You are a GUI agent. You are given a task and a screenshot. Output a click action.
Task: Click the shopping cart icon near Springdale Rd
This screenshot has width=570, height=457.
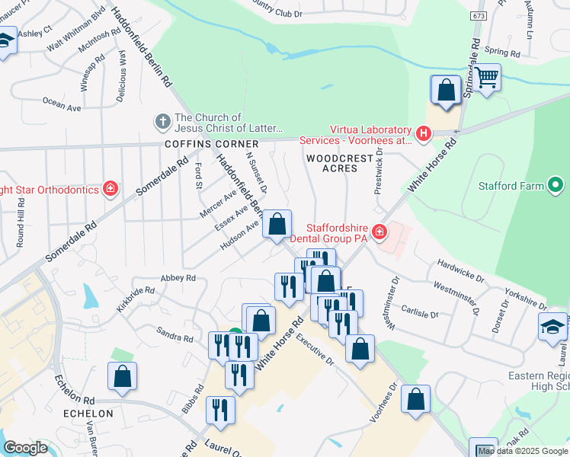pyautogui.click(x=487, y=77)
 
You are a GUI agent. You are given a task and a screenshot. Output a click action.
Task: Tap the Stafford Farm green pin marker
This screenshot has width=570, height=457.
pyautogui.click(x=556, y=185)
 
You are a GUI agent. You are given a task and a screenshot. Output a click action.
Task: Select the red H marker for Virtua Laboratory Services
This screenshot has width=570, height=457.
pyautogui.click(x=424, y=135)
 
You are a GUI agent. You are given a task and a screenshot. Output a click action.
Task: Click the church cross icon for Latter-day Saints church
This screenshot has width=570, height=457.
pyautogui.click(x=162, y=121)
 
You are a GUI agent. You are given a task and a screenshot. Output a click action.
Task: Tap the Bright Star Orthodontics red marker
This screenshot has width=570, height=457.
pyautogui.click(x=110, y=188)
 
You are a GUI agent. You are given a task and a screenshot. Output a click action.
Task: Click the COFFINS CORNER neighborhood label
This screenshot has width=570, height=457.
pyautogui.click(x=209, y=144)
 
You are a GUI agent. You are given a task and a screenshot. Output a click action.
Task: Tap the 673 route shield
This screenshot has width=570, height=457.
pyautogui.click(x=478, y=16)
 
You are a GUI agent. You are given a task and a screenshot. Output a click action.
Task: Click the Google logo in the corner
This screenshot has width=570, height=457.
pyautogui.click(x=26, y=448)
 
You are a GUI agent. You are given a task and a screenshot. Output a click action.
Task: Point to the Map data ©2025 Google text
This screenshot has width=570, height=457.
pyautogui.click(x=523, y=451)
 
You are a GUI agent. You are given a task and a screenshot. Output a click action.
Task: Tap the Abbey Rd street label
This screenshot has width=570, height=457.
pyautogui.click(x=178, y=279)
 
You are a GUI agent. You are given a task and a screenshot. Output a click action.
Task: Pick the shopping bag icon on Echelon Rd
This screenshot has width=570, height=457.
pyautogui.click(x=122, y=376)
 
